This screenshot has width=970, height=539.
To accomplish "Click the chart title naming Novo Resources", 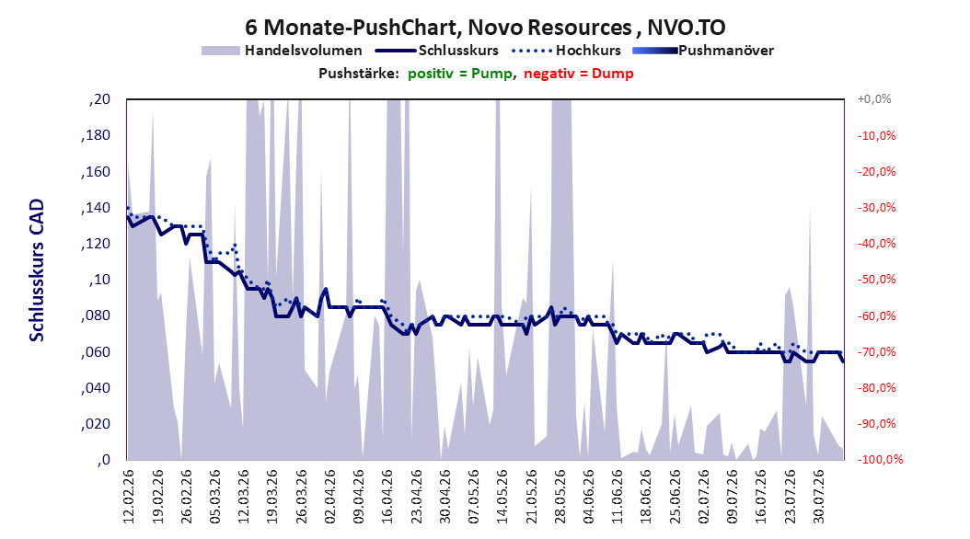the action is (485, 28).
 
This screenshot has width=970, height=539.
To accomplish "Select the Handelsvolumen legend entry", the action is (283, 51).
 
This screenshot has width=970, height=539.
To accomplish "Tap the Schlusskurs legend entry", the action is (437, 51).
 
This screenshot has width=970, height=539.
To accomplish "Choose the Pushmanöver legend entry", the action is (703, 51).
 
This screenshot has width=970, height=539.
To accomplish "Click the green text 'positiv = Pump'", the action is (460, 74).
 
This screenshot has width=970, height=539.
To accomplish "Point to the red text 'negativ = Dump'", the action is (579, 74).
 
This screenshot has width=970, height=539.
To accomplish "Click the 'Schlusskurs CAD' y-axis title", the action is (37, 269).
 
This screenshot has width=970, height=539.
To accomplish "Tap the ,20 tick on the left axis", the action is (99, 99).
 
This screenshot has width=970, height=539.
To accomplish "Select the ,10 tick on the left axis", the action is (99, 280).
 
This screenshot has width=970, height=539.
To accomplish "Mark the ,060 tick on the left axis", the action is (96, 351).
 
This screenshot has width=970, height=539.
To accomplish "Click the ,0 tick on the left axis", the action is (104, 460).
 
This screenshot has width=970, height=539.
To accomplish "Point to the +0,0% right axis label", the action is (874, 99).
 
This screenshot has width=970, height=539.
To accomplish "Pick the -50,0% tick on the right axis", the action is (876, 280).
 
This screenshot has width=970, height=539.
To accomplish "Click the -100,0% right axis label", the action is (880, 459).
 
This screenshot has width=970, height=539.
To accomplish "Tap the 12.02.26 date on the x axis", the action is (129, 497).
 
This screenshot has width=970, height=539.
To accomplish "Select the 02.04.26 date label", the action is (329, 497).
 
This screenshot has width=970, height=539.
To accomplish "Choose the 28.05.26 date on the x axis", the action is (560, 497).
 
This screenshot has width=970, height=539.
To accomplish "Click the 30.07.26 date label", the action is (818, 497).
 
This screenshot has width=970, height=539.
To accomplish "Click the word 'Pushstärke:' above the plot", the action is (359, 74).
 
